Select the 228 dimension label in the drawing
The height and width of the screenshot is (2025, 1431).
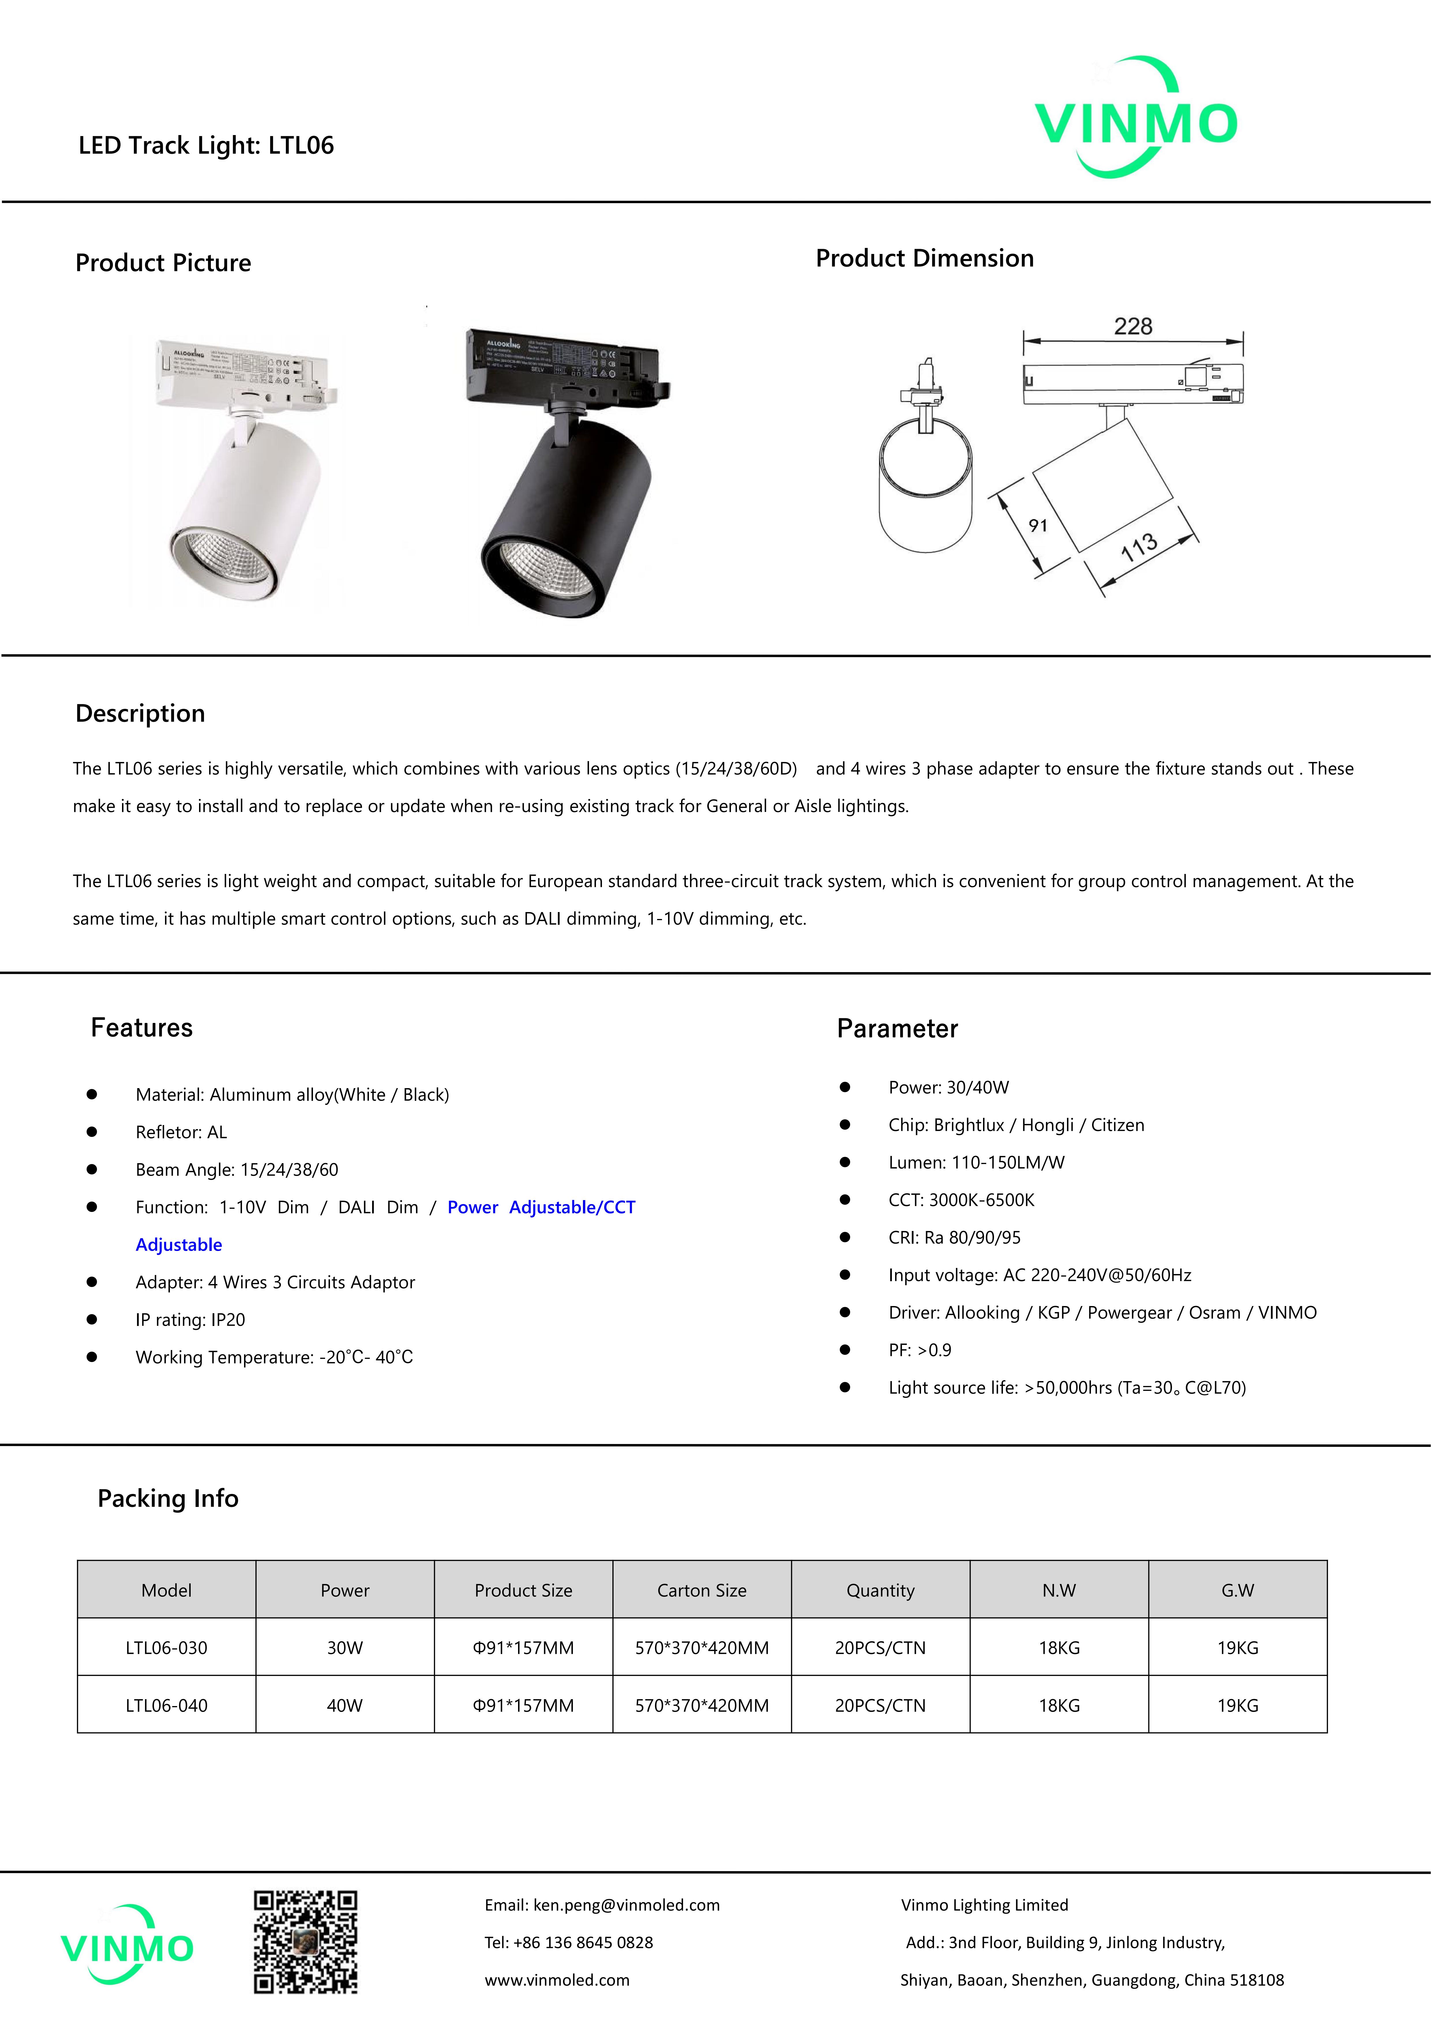click(1133, 326)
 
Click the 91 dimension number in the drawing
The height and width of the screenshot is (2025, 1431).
click(1038, 526)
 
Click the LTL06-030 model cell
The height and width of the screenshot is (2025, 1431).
click(167, 1647)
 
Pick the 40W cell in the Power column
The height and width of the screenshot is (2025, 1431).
click(345, 1705)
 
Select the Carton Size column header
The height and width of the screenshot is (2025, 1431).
click(702, 1590)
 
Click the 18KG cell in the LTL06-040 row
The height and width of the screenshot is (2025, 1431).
click(1059, 1705)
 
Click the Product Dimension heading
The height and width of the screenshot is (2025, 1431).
click(924, 258)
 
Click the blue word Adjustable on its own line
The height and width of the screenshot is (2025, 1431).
click(179, 1245)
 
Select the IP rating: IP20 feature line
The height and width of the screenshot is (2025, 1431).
click(190, 1319)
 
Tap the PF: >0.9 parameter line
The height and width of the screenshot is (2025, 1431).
click(920, 1349)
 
